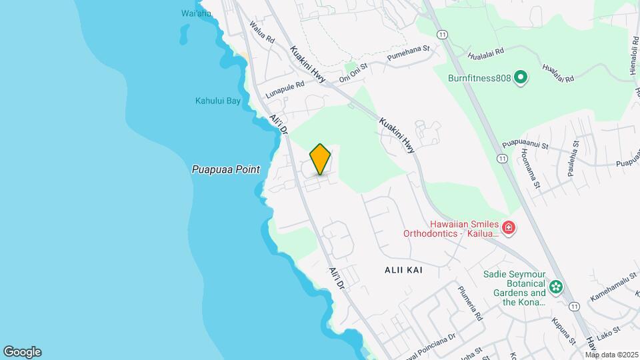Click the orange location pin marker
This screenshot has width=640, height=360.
pos(320,159)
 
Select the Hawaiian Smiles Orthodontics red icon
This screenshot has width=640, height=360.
pos(509,229)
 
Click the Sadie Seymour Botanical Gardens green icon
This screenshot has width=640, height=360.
pos(556,287)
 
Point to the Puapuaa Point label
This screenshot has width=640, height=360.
pos(225,170)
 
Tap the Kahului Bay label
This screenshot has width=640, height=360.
pos(217,101)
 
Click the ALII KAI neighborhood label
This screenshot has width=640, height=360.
pos(403,270)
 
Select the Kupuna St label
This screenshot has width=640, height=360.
pos(563,331)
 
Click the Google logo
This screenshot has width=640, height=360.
pos(22,352)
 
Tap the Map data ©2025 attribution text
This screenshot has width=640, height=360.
pos(611,355)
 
